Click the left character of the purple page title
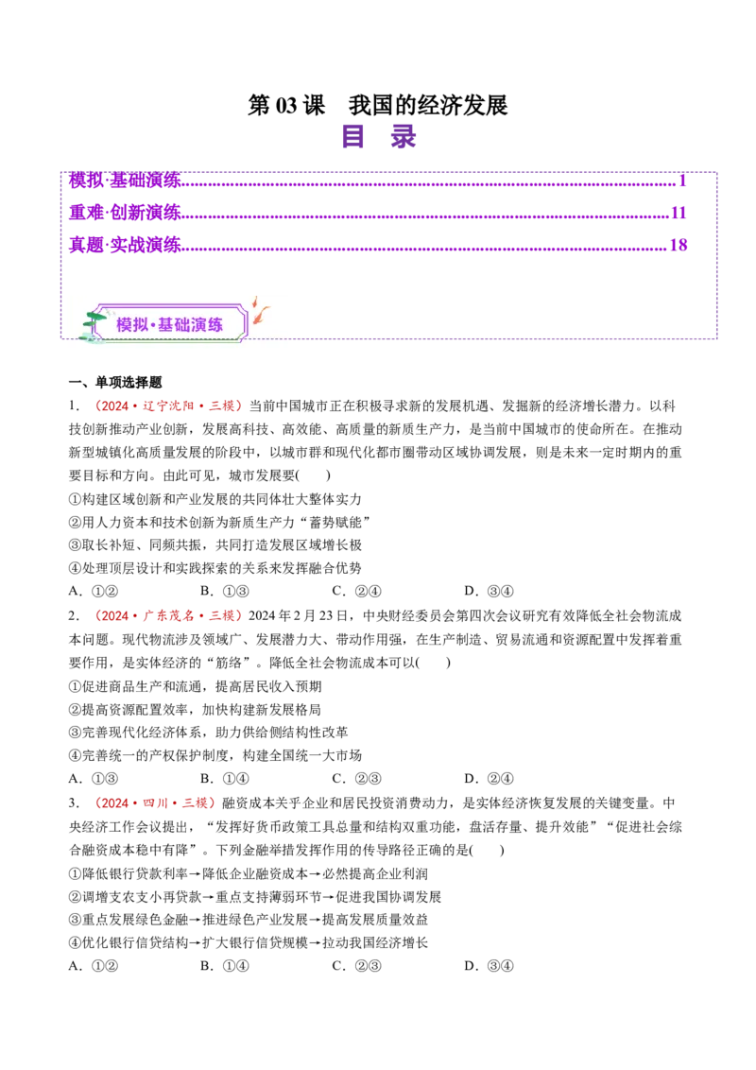pos(354,137)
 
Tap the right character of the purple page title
pos(404,137)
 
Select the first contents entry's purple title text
pos(124,180)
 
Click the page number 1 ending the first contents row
pos(680,180)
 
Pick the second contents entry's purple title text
pos(124,212)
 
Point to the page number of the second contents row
pos(678,212)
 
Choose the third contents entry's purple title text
pos(124,245)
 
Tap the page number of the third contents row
pos(678,245)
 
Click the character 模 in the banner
pos(125,325)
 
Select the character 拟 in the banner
pos(142,325)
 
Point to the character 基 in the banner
pos(166,325)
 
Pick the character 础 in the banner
pos(183,325)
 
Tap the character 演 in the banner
pos(199,325)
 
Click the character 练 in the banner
pos(216,325)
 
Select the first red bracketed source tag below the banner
pos(168,406)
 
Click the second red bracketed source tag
pos(168,616)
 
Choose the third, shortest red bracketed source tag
pos(155,802)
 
